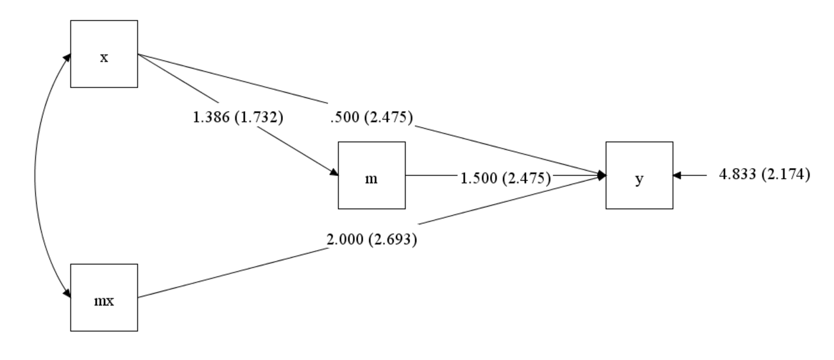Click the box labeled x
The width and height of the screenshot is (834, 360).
pos(103,54)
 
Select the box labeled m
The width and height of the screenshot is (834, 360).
pos(371,175)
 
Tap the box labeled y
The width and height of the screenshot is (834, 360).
pos(639,175)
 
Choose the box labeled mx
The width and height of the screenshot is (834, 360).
pos(103,297)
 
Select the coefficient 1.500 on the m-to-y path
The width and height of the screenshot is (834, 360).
pos(479,178)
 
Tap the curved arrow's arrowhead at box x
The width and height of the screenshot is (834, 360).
pos(67,58)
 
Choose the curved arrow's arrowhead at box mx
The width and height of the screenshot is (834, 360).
pos(67,293)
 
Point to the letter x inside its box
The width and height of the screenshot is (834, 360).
pos(104,58)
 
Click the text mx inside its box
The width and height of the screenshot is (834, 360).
pos(104,301)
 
